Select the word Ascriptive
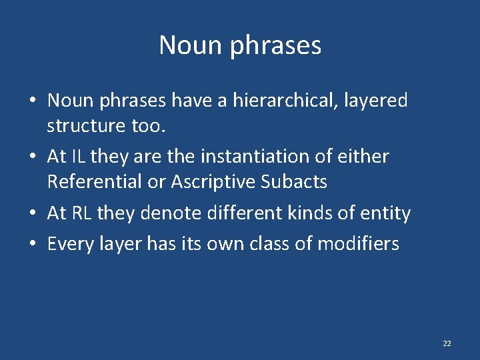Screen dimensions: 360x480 (211, 181)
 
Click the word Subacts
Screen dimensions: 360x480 (294, 181)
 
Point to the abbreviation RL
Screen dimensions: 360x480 (80, 213)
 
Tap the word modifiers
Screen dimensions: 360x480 (358, 244)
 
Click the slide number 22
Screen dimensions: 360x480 (447, 343)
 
